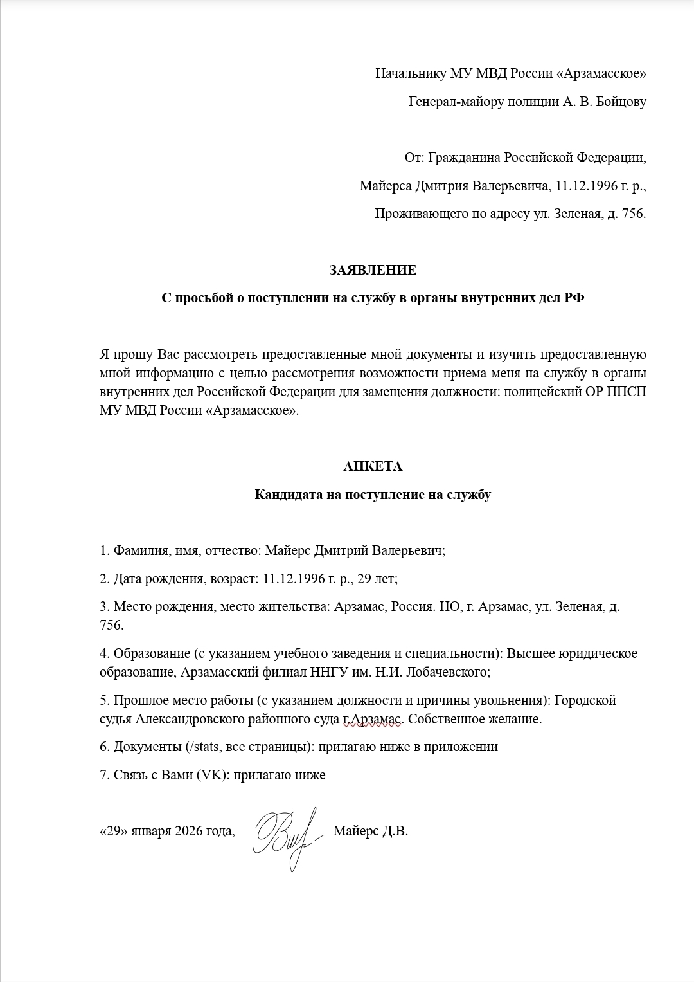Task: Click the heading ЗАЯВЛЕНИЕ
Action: (373, 270)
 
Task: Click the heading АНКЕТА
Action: (373, 466)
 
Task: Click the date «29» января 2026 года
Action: (166, 831)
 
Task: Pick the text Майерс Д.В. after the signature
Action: (371, 831)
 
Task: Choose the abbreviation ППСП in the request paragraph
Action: (627, 392)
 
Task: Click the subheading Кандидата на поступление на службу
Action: (373, 495)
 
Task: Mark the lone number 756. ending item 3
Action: (111, 625)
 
